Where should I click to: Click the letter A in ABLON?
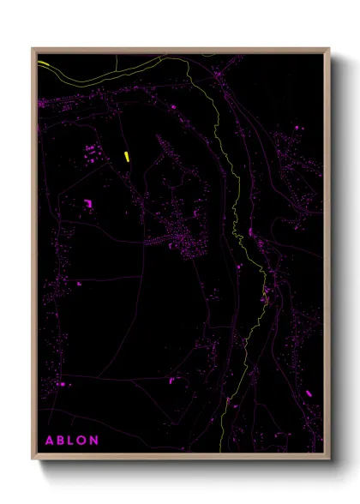pos(50,440)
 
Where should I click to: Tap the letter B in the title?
pos(63,440)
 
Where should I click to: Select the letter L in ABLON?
pos(74,440)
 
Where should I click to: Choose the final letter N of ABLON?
pos(98,440)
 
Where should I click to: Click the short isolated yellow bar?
pos(126,155)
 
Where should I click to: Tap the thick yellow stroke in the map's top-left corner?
pos(44,63)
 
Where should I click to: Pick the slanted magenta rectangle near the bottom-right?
pos(309,393)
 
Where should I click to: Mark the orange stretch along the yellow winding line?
pos(265,297)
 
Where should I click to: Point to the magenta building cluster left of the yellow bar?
pos(90,155)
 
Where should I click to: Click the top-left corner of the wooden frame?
pos(33,49)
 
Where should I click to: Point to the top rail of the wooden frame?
pos(180,50)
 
